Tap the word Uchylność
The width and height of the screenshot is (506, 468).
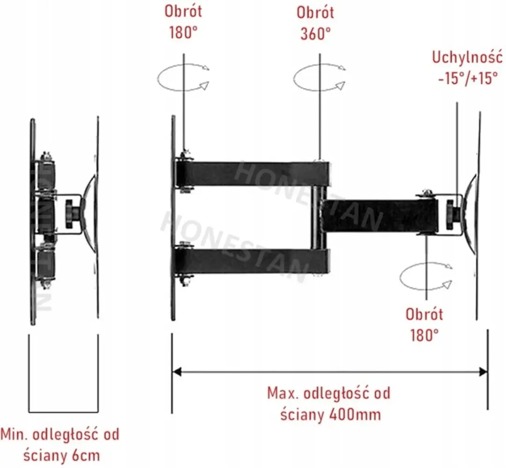pos(467,58)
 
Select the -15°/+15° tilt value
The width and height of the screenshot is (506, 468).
pos(468,78)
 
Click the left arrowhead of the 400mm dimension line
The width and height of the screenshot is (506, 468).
pos(177,371)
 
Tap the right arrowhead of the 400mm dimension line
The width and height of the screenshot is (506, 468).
pos(483,372)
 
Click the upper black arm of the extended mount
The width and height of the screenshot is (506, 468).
pos(253,175)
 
